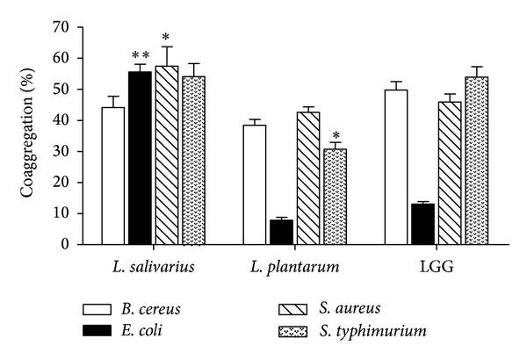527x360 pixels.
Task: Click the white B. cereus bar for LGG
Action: pyautogui.click(x=396, y=167)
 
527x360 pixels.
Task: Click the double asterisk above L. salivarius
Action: pyautogui.click(x=140, y=54)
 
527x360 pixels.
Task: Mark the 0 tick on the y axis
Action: pyautogui.click(x=70, y=244)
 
